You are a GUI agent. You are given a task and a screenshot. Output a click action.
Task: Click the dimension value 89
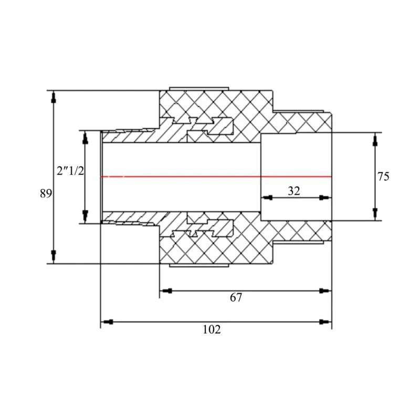point(46,193)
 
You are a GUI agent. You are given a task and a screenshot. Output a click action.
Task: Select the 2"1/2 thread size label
point(70,171)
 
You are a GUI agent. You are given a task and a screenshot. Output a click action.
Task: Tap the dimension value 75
point(383,176)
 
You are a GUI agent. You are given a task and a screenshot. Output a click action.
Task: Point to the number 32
point(294,191)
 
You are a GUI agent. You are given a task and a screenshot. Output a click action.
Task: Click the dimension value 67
point(236,298)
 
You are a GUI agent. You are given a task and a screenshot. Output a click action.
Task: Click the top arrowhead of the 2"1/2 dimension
point(85,136)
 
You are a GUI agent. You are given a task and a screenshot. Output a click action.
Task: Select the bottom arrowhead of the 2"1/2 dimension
point(85,216)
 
